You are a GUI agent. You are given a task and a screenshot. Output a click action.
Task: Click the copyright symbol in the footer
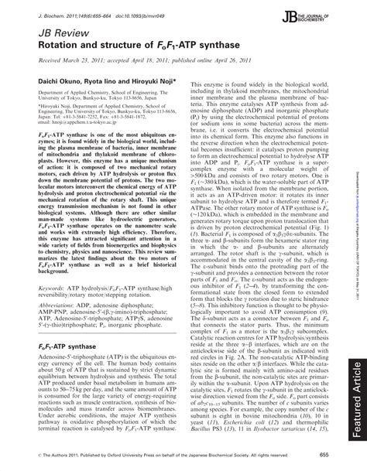point(36,456)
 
